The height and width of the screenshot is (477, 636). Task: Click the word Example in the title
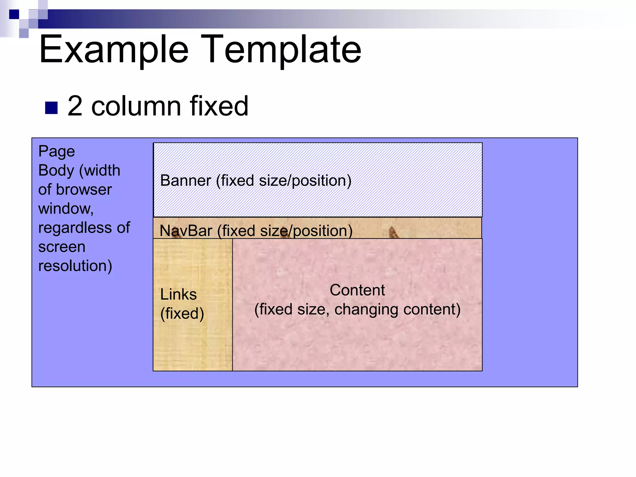pos(114,50)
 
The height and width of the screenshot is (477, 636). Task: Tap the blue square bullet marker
pos(51,108)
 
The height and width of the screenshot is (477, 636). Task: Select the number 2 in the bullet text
pos(75,106)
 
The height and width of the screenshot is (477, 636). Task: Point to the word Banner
pos(185,180)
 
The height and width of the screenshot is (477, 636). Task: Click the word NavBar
pos(186,231)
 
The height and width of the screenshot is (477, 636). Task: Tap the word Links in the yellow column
pos(178,294)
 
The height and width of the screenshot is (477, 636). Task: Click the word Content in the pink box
pos(357,290)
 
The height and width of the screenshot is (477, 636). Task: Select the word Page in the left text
pos(57,152)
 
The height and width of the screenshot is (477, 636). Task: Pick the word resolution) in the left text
pos(75,266)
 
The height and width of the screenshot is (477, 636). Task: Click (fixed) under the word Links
pos(182,313)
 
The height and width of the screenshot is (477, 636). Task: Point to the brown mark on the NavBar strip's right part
pos(393,232)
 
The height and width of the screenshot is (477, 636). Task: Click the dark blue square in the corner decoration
pos(14,14)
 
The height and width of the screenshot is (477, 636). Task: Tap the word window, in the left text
pos(66,209)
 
